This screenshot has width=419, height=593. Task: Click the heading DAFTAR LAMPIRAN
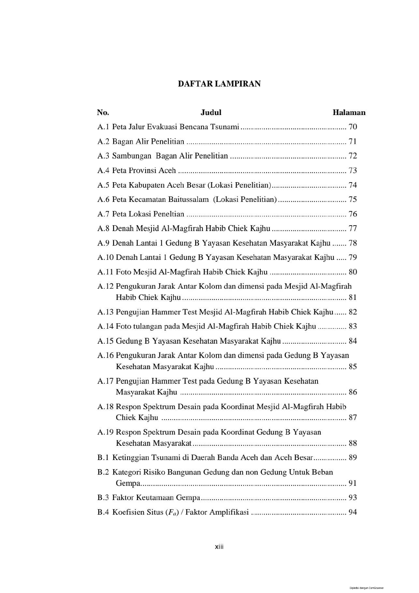[x=219, y=84]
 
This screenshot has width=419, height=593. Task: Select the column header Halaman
[x=349, y=113]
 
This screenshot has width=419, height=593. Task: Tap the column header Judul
[x=211, y=113]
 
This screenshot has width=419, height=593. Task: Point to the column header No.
[x=103, y=113]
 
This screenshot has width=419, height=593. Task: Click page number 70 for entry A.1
[x=353, y=127]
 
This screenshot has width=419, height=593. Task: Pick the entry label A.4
[x=103, y=170]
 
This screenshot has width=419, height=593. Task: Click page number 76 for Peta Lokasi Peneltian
[x=353, y=214]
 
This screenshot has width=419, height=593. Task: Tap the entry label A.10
[x=105, y=257]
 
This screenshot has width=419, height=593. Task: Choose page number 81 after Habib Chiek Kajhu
[x=353, y=298]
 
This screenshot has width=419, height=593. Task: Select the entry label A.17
[x=105, y=381]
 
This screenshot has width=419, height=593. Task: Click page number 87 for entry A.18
[x=353, y=417]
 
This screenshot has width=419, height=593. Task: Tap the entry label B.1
[x=103, y=457]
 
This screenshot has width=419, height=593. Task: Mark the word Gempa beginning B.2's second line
[x=128, y=483]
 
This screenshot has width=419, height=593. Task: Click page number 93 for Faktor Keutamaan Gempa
[x=353, y=498]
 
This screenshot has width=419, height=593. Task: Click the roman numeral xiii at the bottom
[x=219, y=547]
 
